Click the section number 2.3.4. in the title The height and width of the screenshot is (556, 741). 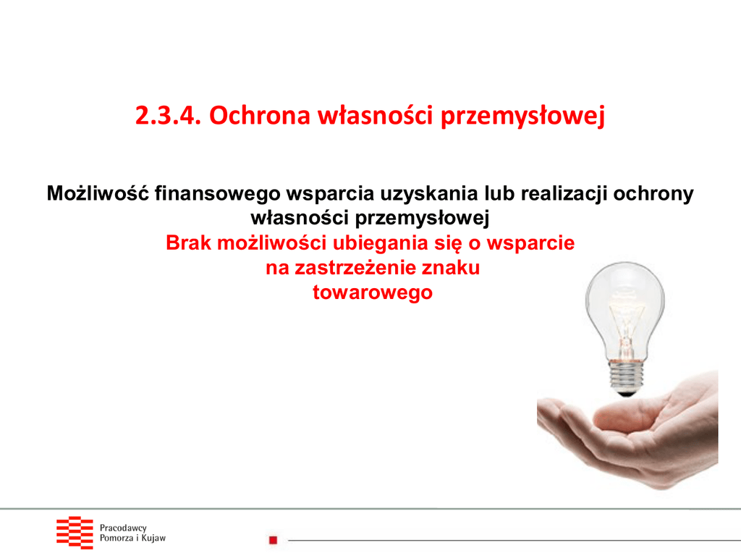click(168, 115)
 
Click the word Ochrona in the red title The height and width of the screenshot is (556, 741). click(260, 115)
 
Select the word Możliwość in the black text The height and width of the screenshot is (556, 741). click(98, 193)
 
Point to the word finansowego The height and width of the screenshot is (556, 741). click(217, 194)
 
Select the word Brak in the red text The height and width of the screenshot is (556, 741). click(188, 243)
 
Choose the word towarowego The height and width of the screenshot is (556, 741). click(373, 293)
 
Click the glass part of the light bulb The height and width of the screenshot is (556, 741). click(624, 307)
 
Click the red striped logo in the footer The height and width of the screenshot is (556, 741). click(75, 532)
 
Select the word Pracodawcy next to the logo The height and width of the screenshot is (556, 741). click(123, 528)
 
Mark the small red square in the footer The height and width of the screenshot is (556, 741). click(273, 540)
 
